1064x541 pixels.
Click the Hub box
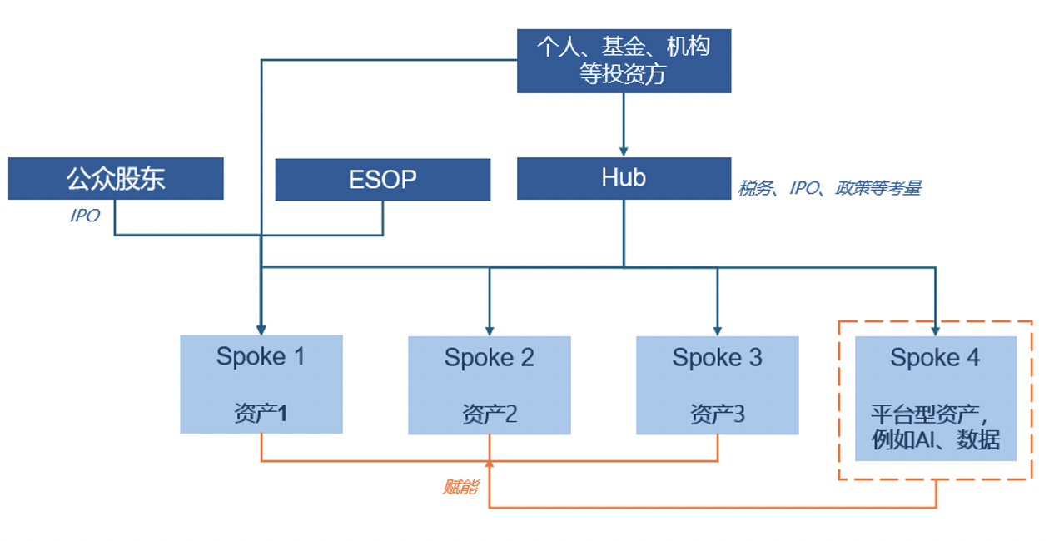(x=624, y=178)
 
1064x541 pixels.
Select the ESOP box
(x=382, y=180)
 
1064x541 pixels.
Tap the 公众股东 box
(x=116, y=179)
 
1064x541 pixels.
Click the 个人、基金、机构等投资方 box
(x=624, y=60)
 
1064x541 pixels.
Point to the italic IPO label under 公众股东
(x=85, y=216)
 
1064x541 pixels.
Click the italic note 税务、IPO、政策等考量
(x=829, y=189)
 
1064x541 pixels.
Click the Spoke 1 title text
(x=261, y=357)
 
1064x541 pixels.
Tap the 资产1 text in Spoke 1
(x=261, y=413)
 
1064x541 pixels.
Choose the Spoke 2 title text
(x=489, y=358)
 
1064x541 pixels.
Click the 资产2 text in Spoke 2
(x=489, y=414)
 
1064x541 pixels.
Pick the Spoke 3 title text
(x=717, y=358)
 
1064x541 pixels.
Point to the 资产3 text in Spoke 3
(x=717, y=414)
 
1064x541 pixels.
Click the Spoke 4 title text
(x=935, y=358)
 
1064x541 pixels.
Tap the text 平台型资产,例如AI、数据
(x=935, y=426)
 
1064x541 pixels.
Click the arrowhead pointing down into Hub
(x=624, y=151)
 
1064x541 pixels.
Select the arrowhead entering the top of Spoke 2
(x=489, y=330)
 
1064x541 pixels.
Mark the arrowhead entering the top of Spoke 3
(x=717, y=330)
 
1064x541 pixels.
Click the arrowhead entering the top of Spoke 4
(x=935, y=330)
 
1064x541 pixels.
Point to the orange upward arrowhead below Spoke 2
(x=489, y=463)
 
